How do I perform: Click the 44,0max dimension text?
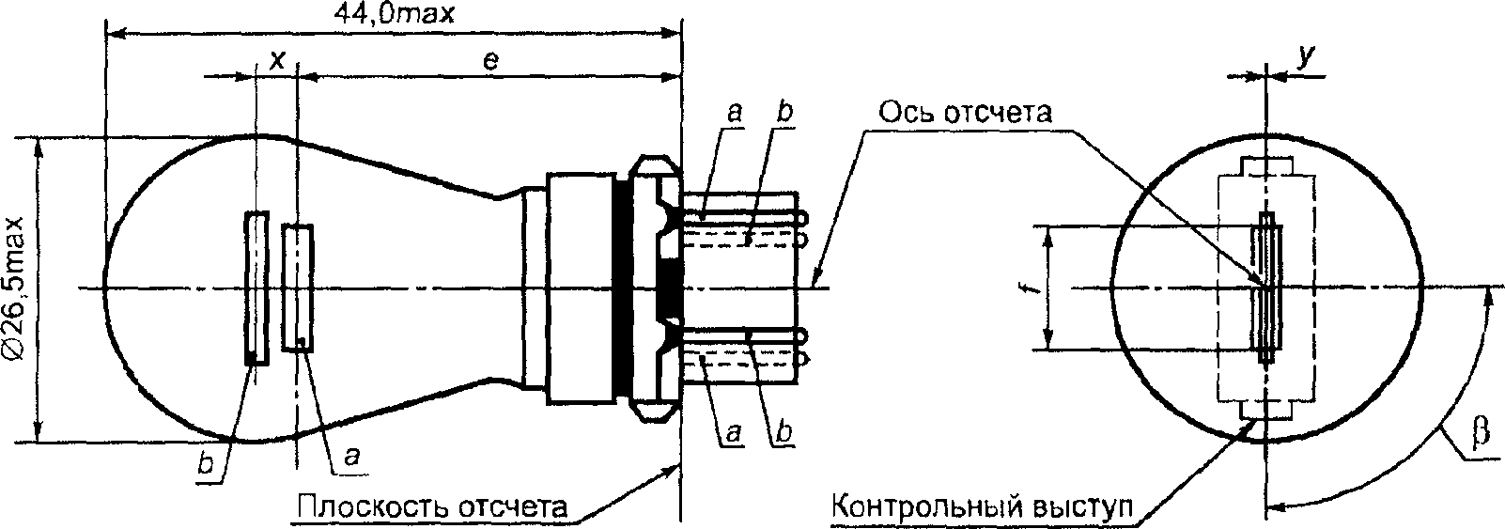pos(394,13)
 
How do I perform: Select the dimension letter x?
pos(277,60)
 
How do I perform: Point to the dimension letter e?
pos(491,61)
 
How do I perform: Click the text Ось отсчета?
pos(966,112)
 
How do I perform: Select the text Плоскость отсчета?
pos(432,506)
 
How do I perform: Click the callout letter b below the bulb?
pos(207,464)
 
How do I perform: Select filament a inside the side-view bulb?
pos(298,287)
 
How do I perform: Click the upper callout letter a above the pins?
pos(734,113)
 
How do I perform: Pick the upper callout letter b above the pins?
pos(783,112)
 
